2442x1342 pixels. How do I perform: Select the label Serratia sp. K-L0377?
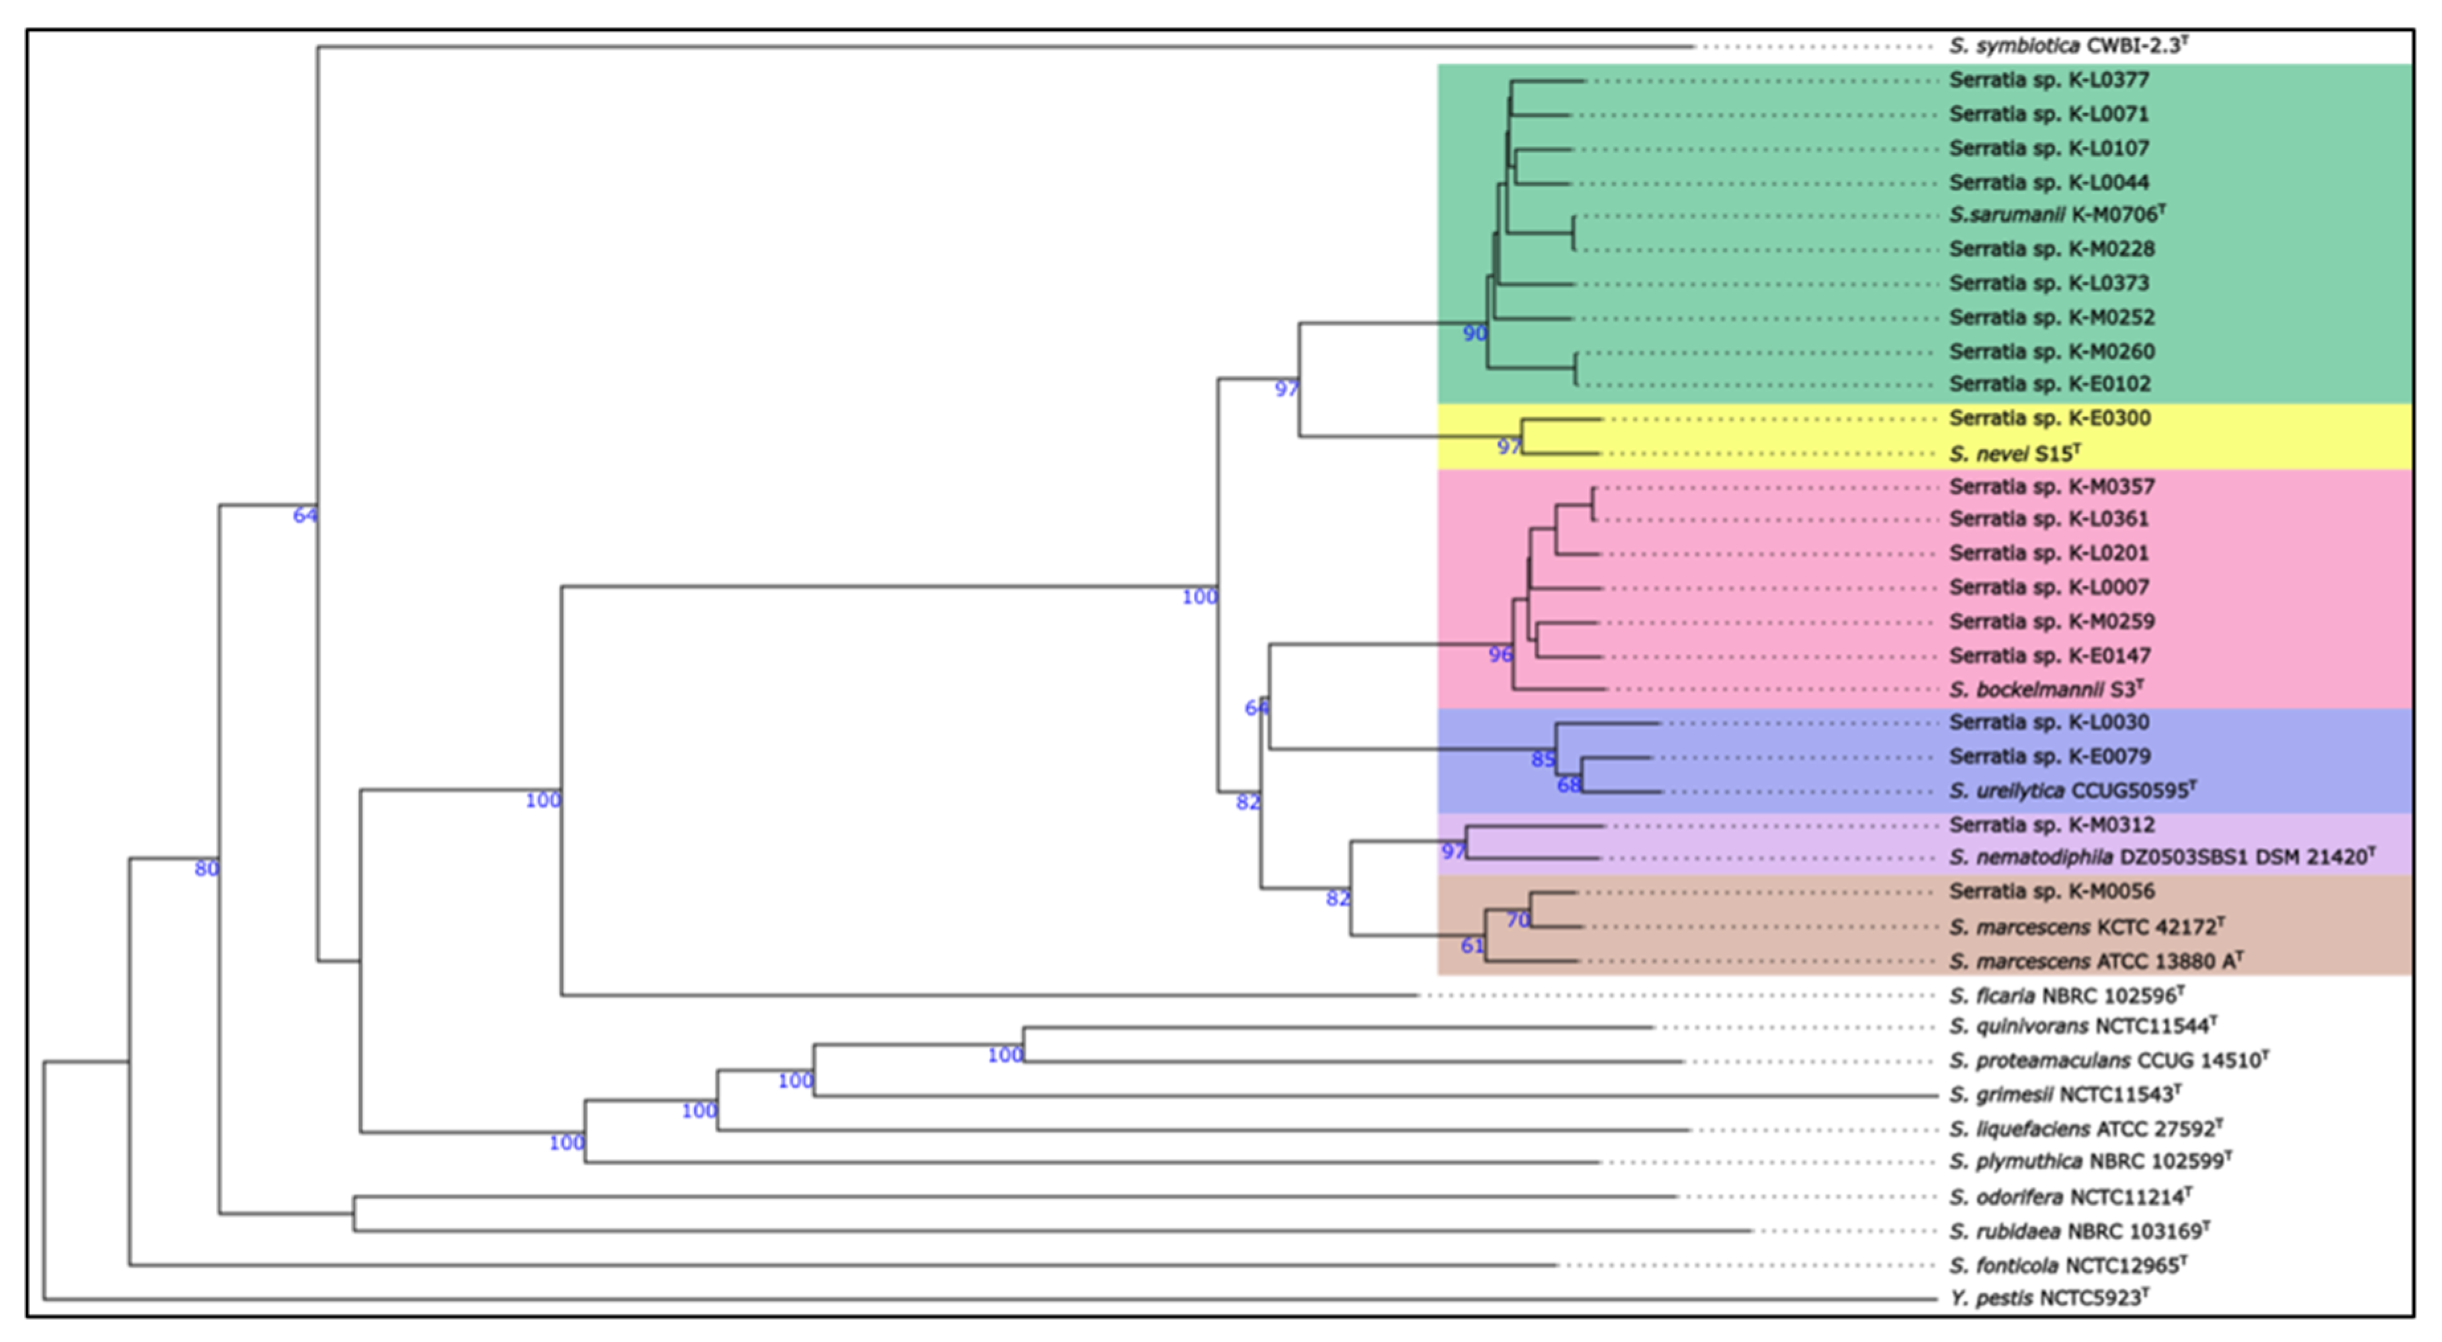point(2048,79)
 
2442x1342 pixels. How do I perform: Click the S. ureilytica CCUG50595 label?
point(2072,791)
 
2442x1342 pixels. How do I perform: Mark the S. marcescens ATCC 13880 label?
point(2095,961)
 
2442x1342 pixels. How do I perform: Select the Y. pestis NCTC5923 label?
point(2048,1298)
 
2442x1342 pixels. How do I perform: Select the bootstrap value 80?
point(206,868)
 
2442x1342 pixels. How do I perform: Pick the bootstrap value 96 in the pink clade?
point(1499,654)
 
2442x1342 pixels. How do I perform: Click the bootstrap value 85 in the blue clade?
point(1542,759)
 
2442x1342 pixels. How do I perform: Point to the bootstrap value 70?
point(1518,920)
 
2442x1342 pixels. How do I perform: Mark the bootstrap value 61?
point(1471,945)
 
